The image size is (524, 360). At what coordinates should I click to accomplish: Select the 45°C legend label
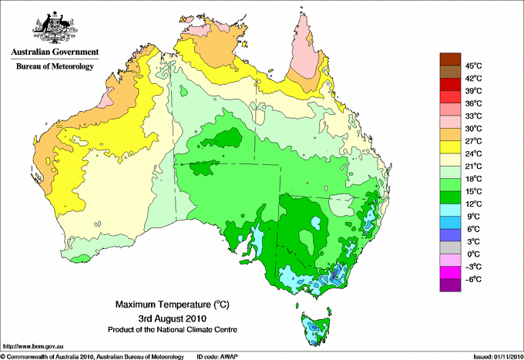pyautogui.click(x=473, y=66)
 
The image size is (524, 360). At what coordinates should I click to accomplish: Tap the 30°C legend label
pyautogui.click(x=473, y=128)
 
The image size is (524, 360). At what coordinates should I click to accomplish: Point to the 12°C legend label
pyautogui.click(x=473, y=204)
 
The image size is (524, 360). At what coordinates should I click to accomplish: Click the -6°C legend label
pyautogui.click(x=473, y=279)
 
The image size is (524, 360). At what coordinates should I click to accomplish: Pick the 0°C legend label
pyautogui.click(x=473, y=254)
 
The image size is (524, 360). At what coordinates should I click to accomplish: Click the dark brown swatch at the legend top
pyautogui.click(x=449, y=59)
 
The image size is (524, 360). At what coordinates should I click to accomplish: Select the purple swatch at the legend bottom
pyautogui.click(x=449, y=285)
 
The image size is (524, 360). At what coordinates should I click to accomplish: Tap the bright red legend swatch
pyautogui.click(x=449, y=96)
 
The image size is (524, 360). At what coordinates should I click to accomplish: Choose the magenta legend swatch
pyautogui.click(x=449, y=272)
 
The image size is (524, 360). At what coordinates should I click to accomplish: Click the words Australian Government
pyautogui.click(x=55, y=52)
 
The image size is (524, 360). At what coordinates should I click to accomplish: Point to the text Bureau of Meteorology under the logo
pyautogui.click(x=55, y=66)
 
